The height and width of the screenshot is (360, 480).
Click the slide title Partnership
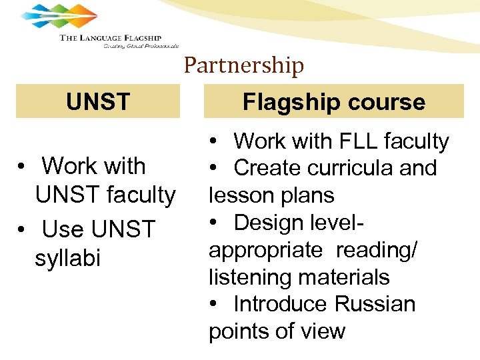[x=243, y=65]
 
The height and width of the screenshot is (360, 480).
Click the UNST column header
[x=98, y=102]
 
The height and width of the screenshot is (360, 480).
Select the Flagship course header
[x=333, y=102]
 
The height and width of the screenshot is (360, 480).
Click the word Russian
[x=375, y=304]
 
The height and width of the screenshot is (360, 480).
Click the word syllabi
[x=67, y=258]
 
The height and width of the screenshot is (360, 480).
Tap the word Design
[x=267, y=222]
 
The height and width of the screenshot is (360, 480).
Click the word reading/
[x=377, y=250]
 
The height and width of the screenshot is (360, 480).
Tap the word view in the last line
[x=323, y=331]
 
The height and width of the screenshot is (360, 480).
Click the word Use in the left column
[x=63, y=229]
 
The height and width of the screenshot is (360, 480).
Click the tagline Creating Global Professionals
[x=141, y=46]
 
